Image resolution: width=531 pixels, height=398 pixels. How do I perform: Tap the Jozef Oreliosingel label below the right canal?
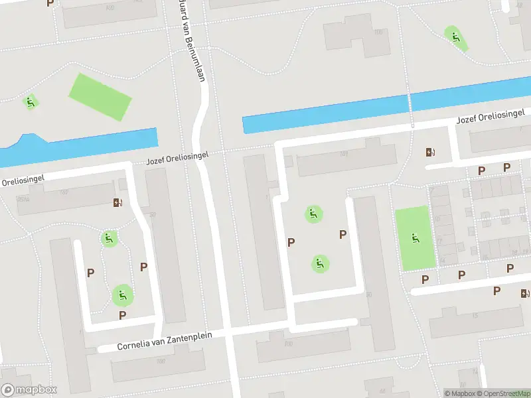coord(491,117)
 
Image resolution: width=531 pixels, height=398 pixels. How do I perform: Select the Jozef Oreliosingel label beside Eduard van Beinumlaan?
coord(177,158)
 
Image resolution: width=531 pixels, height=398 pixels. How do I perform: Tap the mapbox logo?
coord(29,390)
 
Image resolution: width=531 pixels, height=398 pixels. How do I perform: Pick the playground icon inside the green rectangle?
coord(416,238)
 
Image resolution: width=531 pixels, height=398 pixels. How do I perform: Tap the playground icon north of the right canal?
coord(455,37)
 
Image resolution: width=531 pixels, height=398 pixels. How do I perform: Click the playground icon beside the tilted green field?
coord(30,102)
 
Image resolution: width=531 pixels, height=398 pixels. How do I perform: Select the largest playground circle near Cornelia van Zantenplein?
coord(121,295)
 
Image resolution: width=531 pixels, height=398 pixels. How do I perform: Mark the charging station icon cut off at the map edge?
coord(526,293)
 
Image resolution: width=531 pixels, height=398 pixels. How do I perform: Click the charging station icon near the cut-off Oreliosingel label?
coord(118,202)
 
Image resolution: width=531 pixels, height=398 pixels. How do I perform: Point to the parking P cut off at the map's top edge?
coord(50,3)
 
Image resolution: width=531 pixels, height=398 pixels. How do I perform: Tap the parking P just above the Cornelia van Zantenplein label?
coord(122,315)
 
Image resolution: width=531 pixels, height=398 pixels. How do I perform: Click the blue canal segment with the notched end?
coord(80,145)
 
